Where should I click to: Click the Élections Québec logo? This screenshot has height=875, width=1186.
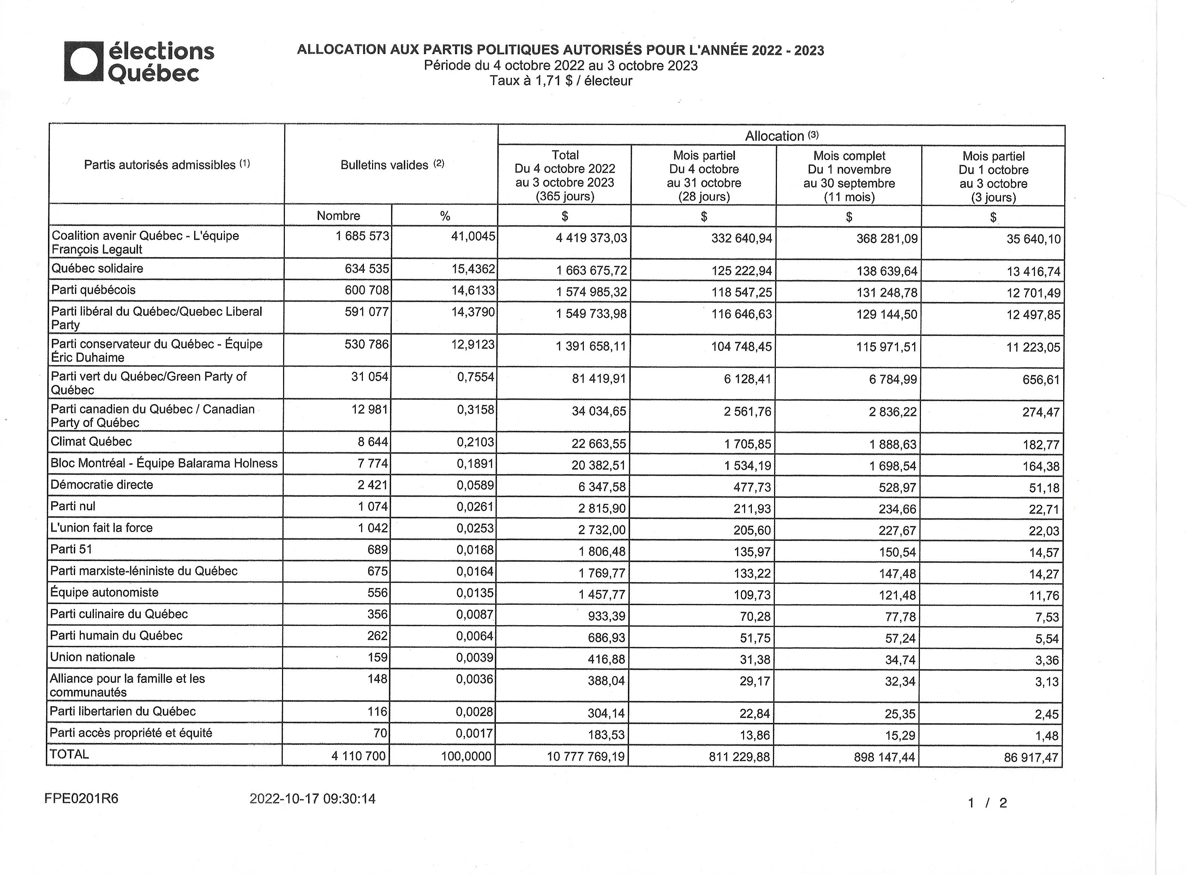click(139, 62)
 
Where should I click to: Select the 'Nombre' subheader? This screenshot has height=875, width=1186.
click(338, 216)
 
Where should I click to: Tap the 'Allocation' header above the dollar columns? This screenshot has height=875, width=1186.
click(781, 135)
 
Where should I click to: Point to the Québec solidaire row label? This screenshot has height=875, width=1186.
click(97, 268)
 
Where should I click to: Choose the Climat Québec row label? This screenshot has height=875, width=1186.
click(91, 442)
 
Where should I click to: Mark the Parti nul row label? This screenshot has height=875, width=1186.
click(73, 506)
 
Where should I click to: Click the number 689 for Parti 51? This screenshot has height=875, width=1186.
click(377, 550)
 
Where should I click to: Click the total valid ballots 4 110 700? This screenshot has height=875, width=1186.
click(358, 756)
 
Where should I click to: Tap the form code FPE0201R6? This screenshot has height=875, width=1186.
click(81, 798)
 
